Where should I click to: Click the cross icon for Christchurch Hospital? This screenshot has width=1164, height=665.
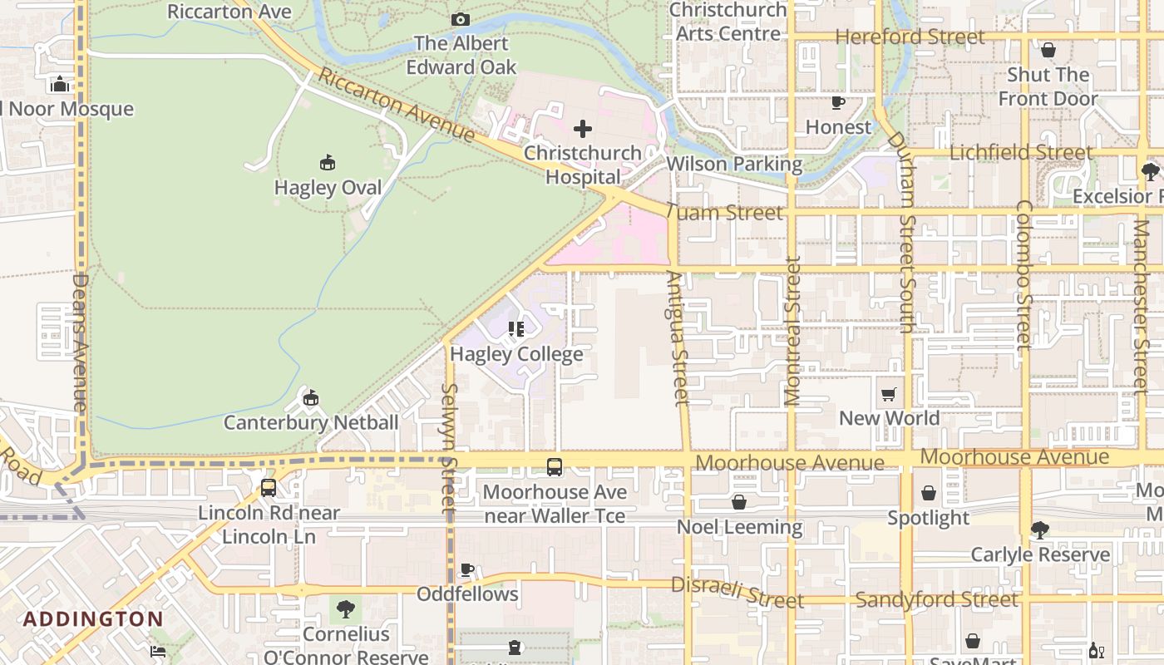click(583, 129)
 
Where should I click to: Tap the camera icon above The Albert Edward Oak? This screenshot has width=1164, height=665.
click(460, 19)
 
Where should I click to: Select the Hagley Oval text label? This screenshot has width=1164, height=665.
click(328, 188)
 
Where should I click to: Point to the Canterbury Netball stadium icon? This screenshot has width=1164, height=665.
click(311, 398)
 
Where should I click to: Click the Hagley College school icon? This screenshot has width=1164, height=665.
click(516, 330)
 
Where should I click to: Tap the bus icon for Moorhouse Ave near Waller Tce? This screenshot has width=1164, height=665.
click(555, 467)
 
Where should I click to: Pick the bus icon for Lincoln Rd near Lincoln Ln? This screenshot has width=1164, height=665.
click(269, 488)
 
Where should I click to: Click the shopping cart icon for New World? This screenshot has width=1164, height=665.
click(889, 394)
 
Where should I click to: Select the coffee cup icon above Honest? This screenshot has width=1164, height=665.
click(838, 103)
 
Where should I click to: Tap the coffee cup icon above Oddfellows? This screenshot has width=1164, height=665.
click(467, 569)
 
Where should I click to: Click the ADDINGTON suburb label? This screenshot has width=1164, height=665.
click(93, 619)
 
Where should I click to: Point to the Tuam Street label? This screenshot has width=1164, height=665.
click(725, 213)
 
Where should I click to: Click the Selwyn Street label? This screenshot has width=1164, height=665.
click(449, 447)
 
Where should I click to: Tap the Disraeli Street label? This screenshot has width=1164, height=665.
click(737, 592)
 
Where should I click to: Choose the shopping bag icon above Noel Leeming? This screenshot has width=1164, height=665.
click(739, 502)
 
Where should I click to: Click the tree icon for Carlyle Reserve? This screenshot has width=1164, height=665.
click(1039, 530)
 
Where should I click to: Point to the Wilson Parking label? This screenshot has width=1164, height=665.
click(734, 164)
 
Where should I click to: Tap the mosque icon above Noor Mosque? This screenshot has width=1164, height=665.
click(59, 85)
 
